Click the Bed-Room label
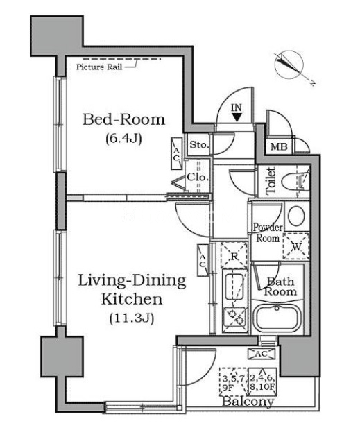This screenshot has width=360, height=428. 124,119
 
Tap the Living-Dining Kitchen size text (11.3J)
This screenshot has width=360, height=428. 132,318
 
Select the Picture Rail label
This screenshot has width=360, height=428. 99,67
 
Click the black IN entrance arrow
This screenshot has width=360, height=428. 237,118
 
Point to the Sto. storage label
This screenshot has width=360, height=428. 199,145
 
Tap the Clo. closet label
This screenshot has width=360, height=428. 197,178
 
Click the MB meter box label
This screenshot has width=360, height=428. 279,147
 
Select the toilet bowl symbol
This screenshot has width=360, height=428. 295,182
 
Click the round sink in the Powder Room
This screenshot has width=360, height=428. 296,216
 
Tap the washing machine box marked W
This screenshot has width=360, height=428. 296,246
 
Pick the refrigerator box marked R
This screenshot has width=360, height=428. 234,256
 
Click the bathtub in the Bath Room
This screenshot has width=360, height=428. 277,318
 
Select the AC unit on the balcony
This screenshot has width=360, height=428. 262,354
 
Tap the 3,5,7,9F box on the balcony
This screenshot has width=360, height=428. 233,382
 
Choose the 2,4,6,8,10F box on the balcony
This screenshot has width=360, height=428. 262,382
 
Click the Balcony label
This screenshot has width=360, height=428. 248,402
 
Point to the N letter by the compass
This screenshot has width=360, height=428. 313,83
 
